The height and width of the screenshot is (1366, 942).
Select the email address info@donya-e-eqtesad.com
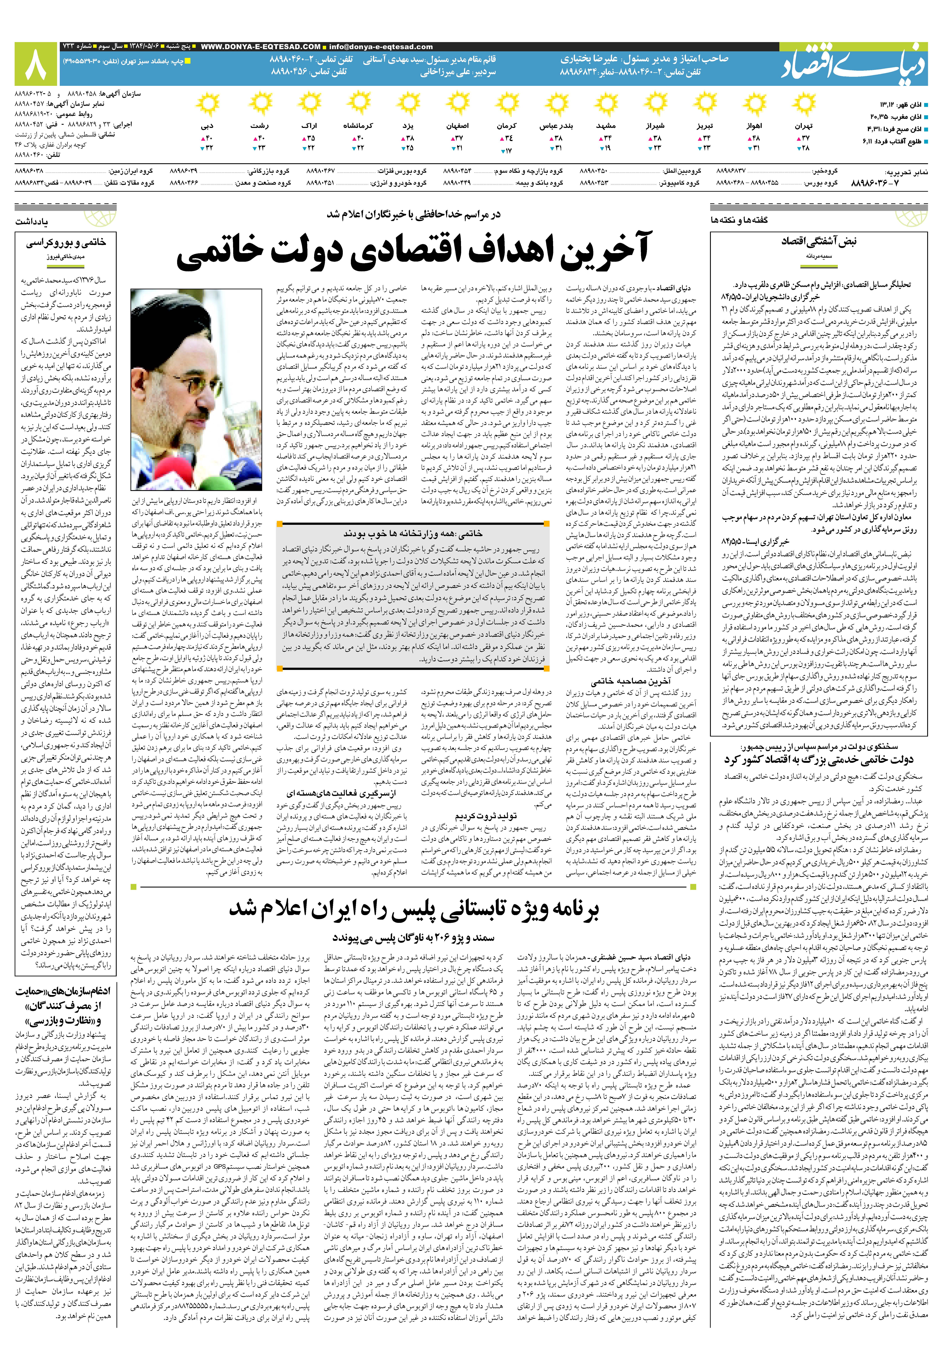(x=381, y=47)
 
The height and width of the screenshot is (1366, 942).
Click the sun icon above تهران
(x=803, y=106)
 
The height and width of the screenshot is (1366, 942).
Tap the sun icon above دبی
(x=207, y=106)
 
